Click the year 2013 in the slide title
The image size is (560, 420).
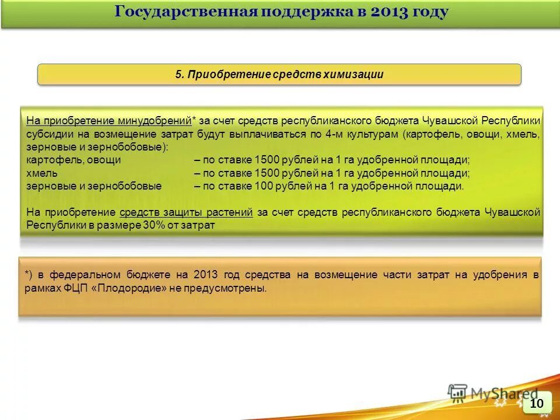pyautogui.click(x=388, y=12)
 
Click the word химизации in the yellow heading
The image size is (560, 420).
pyautogui.click(x=356, y=74)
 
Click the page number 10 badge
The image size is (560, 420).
pyautogui.click(x=537, y=403)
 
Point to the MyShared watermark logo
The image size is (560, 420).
pyautogui.click(x=493, y=394)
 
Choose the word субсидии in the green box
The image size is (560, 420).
pyautogui.click(x=47, y=134)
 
